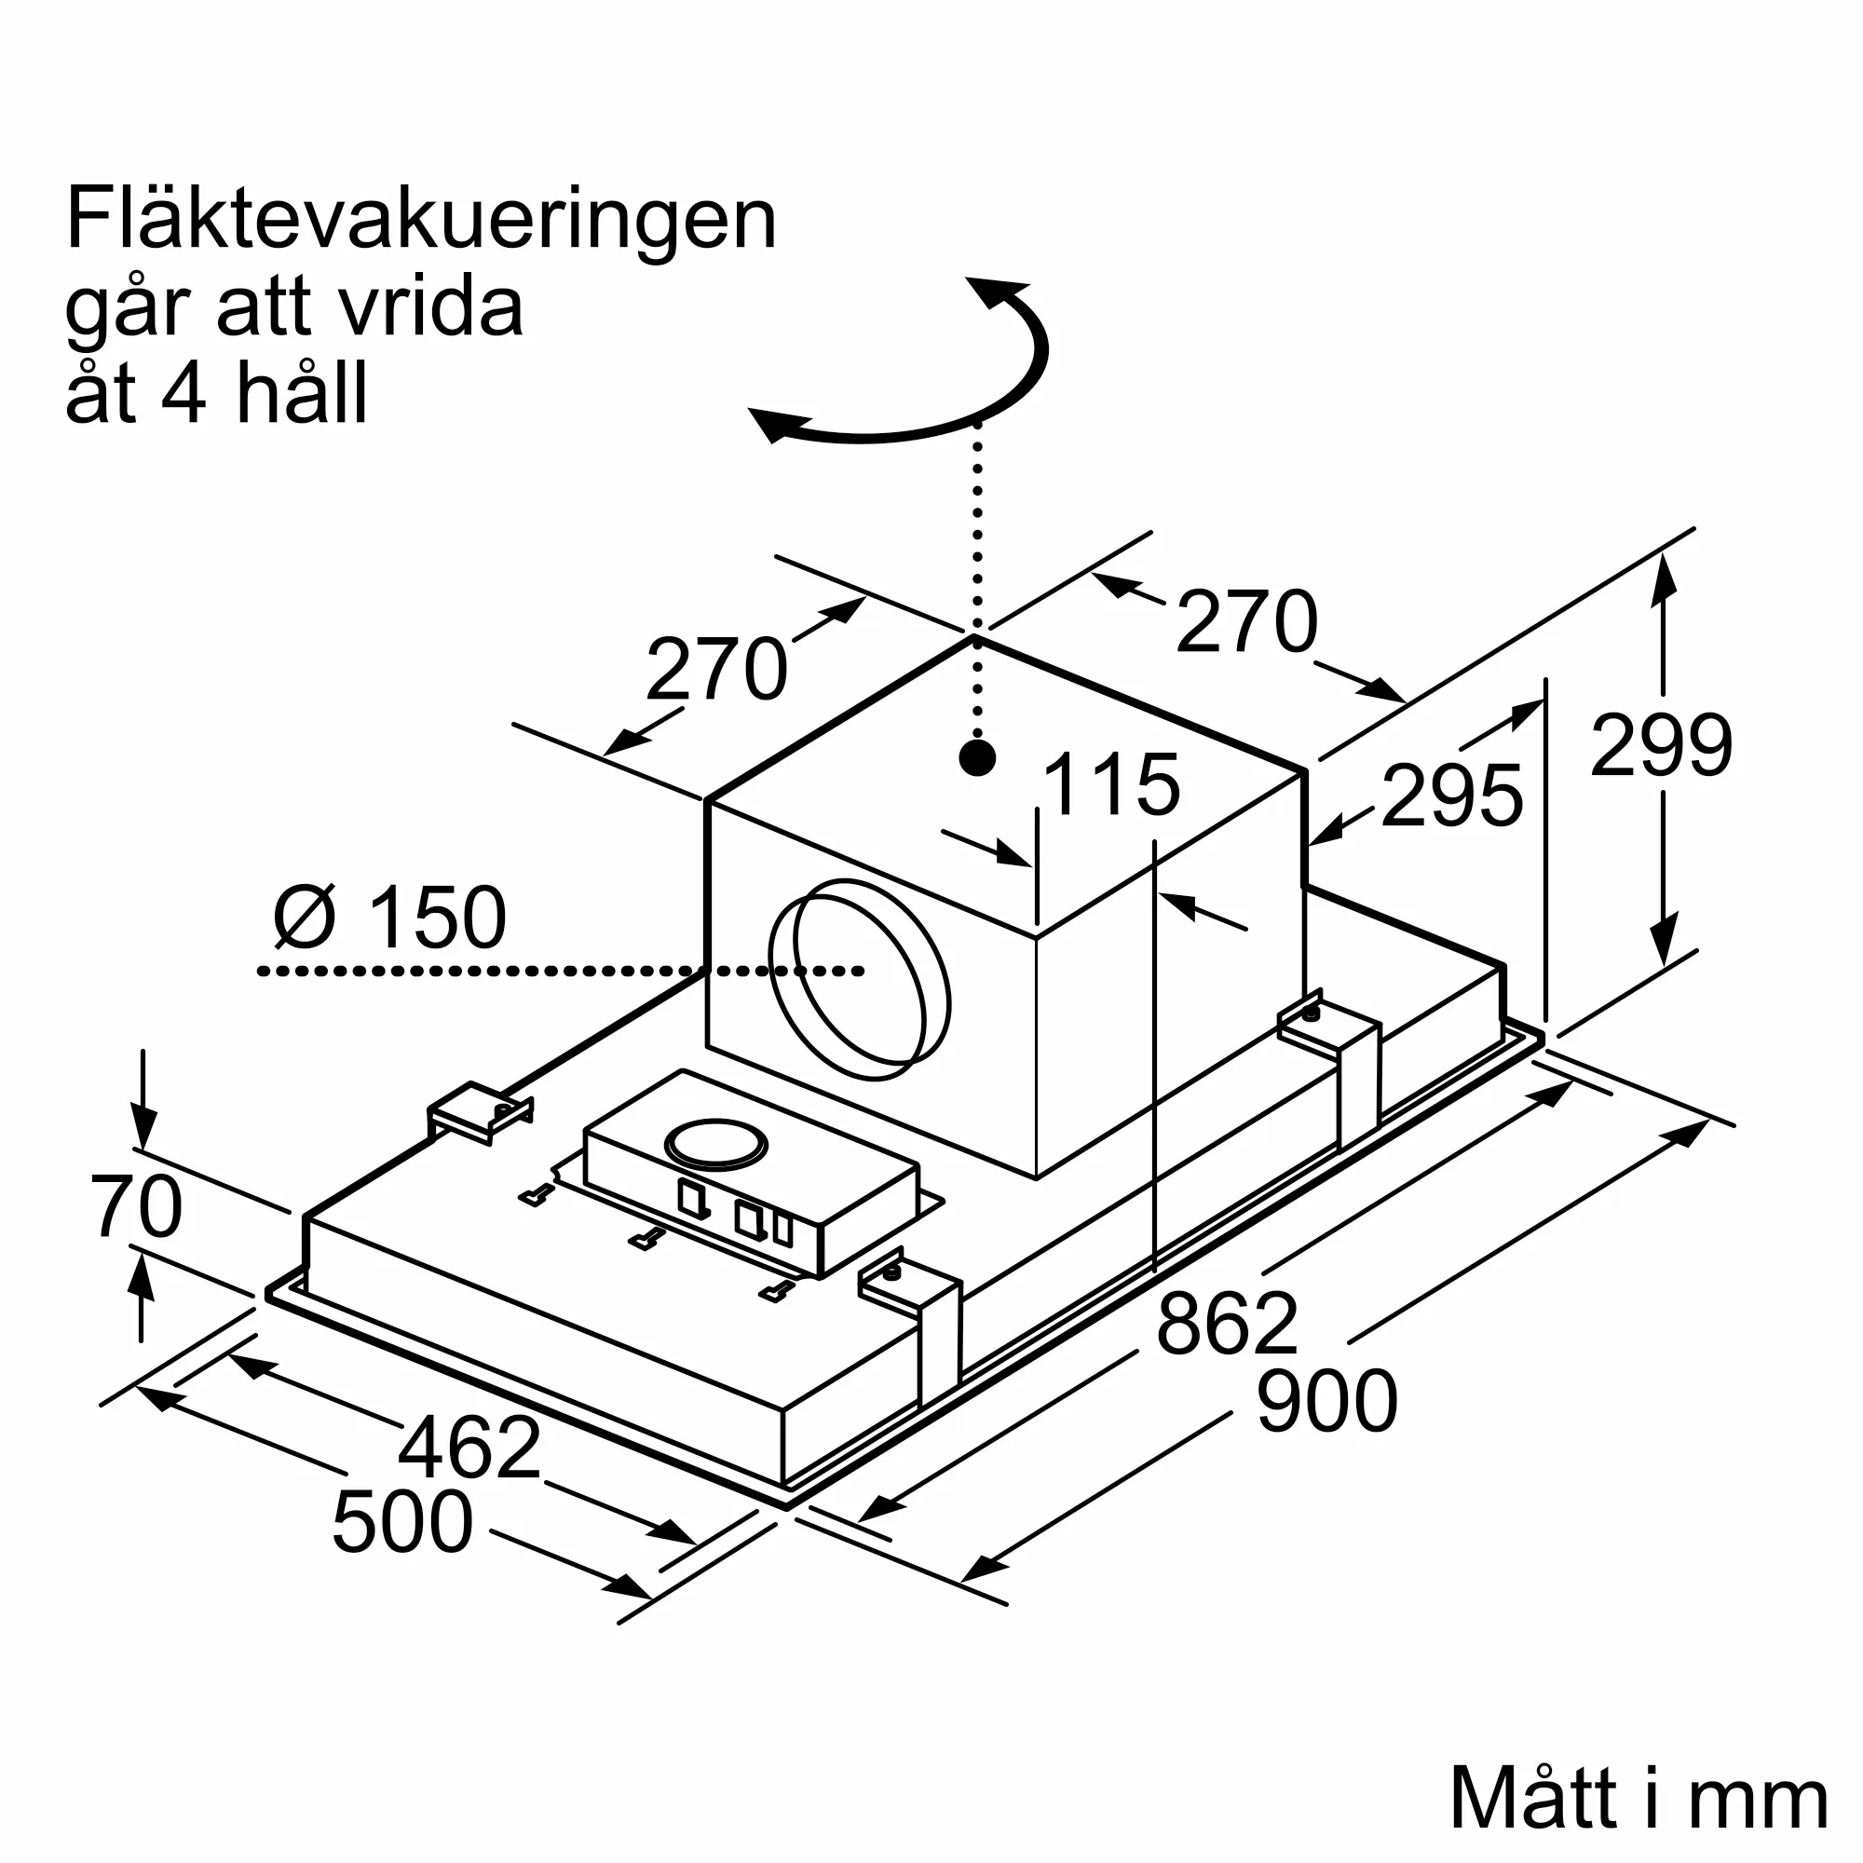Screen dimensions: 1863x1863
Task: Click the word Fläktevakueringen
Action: pyautogui.click(x=420, y=220)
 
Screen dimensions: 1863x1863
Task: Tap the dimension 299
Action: pyautogui.click(x=1661, y=744)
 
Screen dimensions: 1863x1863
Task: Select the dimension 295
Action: pyautogui.click(x=1451, y=796)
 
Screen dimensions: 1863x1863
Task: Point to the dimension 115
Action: pyautogui.click(x=1111, y=784)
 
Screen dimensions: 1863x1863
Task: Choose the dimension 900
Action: pyautogui.click(x=1326, y=1401)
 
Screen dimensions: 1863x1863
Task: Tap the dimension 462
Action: pyautogui.click(x=469, y=1448)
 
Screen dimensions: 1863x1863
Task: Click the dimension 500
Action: pyautogui.click(x=402, y=1523)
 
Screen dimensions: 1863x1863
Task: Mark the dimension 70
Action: pyautogui.click(x=137, y=1206)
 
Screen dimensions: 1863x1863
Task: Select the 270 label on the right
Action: pyautogui.click(x=1245, y=621)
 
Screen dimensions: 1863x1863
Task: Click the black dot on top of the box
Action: pyautogui.click(x=978, y=759)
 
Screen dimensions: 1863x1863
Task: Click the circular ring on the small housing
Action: pyautogui.click(x=716, y=1147)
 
